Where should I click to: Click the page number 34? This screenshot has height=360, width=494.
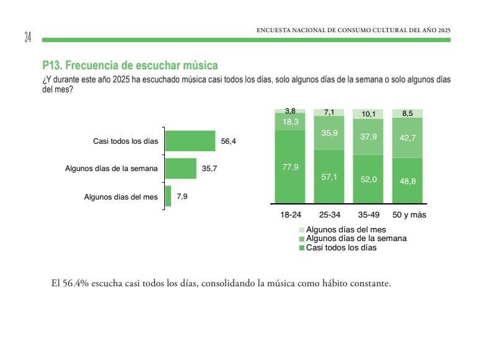click(28, 37)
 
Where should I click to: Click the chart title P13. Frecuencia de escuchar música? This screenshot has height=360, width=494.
click(130, 65)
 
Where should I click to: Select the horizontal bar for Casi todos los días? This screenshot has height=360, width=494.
click(190, 141)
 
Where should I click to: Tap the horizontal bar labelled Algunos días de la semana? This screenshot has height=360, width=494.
click(181, 169)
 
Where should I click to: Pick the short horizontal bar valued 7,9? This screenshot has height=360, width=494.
click(168, 196)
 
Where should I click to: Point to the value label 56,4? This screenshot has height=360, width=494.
click(229, 142)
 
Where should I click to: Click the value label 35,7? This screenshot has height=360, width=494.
click(210, 169)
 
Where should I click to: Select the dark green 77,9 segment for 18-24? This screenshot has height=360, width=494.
click(290, 166)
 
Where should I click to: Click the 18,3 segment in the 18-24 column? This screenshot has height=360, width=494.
click(290, 122)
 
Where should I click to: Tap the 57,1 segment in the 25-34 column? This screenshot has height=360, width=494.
click(329, 177)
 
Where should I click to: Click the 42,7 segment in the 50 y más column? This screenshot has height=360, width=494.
click(407, 138)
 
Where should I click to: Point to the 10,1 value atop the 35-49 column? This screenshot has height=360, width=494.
click(368, 114)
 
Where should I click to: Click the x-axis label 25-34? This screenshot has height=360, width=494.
click(329, 216)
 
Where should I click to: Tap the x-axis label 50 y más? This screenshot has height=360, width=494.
click(408, 216)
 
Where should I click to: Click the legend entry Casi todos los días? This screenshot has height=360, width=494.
click(341, 247)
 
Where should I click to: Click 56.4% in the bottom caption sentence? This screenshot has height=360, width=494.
click(75, 284)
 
